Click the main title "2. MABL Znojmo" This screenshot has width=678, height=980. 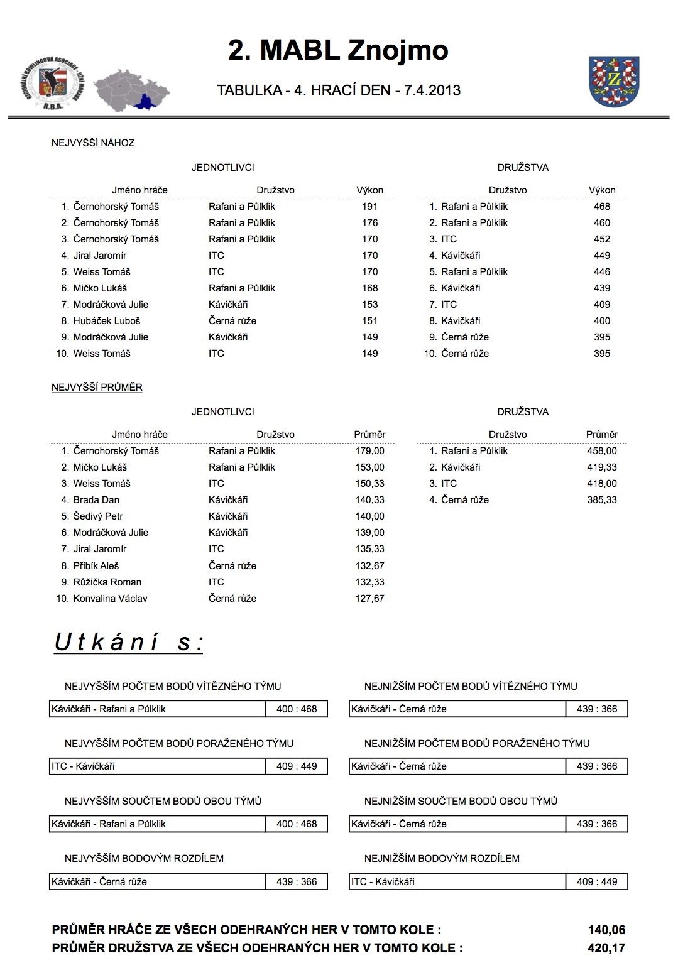click(x=338, y=50)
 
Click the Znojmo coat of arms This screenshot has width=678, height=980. click(x=613, y=81)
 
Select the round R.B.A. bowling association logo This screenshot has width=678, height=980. click(x=53, y=82)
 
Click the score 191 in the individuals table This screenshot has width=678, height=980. click(x=369, y=207)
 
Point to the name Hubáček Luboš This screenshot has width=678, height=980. click(x=107, y=321)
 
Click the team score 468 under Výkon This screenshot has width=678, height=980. click(x=601, y=207)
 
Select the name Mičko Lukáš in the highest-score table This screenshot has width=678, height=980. click(x=100, y=288)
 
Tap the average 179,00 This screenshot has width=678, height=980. click(x=369, y=451)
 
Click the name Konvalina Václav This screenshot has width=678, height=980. click(x=110, y=599)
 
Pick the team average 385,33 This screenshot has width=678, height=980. click(x=601, y=500)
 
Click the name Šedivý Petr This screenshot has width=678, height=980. click(x=98, y=516)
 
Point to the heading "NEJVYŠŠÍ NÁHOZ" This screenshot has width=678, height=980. click(x=93, y=143)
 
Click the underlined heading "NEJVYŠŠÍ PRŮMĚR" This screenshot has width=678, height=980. click(x=97, y=388)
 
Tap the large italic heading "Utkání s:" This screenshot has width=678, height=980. click(x=129, y=642)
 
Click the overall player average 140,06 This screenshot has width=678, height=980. click(x=606, y=930)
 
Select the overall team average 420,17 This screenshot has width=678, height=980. click(x=606, y=949)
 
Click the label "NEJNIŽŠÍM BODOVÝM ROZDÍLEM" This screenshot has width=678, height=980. click(x=442, y=859)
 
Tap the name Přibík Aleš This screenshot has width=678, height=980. click(x=96, y=566)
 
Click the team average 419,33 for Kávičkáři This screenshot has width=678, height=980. click(x=601, y=467)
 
